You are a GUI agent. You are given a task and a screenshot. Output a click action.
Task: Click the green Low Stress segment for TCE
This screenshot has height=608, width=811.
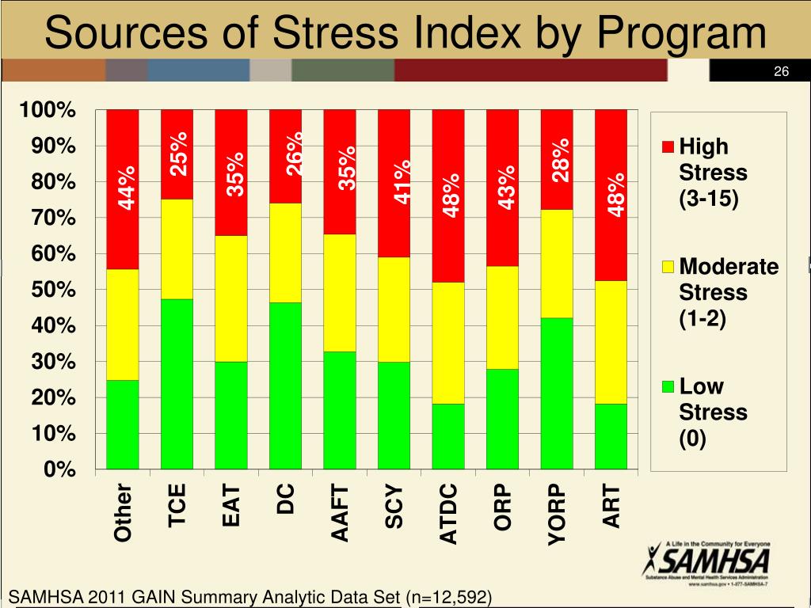tap(177, 384)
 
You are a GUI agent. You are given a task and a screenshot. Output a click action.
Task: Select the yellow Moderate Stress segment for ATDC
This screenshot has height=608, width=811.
tap(448, 343)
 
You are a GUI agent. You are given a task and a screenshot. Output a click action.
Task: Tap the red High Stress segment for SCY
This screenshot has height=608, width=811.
tap(394, 183)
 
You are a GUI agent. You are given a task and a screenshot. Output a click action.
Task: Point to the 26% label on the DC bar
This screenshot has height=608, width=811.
tap(295, 154)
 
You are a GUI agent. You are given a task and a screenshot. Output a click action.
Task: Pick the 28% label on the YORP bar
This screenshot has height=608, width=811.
tap(562, 160)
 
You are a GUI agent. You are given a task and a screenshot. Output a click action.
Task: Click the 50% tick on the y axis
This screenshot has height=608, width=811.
tap(55, 290)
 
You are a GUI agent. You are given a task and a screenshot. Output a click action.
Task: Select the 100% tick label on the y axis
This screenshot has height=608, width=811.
tap(48, 110)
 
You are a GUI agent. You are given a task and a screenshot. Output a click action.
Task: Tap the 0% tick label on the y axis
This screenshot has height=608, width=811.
tap(60, 470)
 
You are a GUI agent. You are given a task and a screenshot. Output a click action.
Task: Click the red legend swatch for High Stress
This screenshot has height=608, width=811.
tap(667, 146)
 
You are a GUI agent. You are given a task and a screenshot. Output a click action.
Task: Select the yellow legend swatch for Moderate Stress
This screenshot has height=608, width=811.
tap(667, 267)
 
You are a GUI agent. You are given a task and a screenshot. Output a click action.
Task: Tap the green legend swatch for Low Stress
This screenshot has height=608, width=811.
tap(667, 387)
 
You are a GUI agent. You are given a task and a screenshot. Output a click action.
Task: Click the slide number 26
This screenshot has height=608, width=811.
tap(781, 72)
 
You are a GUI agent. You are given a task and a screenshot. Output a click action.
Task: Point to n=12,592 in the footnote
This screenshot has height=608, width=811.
tap(448, 596)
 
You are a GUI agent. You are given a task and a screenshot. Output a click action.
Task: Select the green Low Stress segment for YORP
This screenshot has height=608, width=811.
tap(557, 393)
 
